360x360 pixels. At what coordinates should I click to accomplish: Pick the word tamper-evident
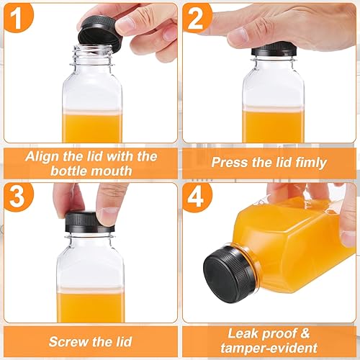[x=269, y=349]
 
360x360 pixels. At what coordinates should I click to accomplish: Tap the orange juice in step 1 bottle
[x=92, y=127]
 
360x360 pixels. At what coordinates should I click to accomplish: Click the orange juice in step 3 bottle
[x=90, y=306]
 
